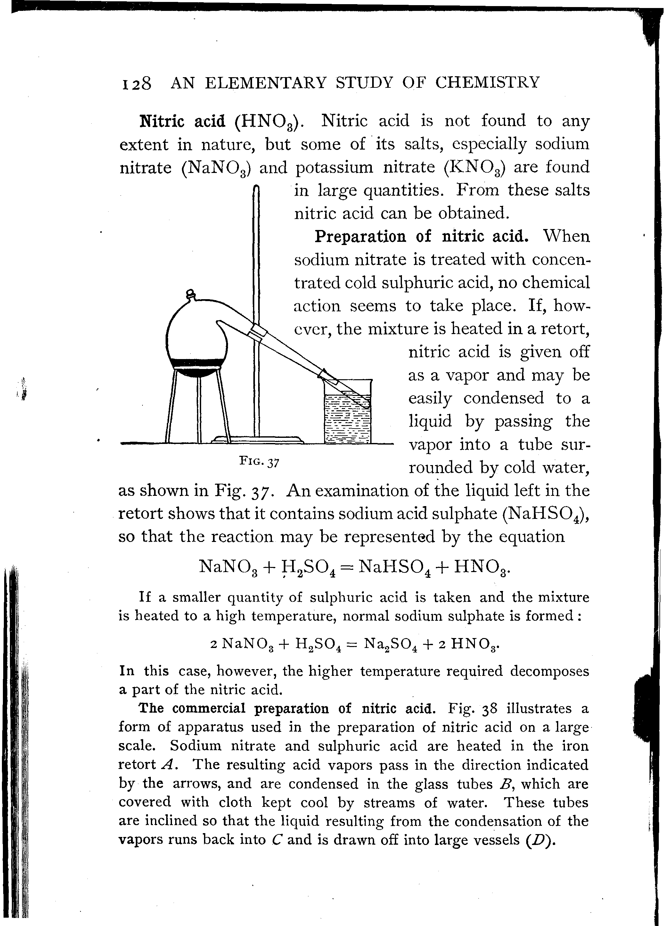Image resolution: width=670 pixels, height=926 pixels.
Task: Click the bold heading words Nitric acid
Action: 182,121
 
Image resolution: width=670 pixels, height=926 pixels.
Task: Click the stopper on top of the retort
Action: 191,294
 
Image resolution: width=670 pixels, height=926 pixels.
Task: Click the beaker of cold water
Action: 347,412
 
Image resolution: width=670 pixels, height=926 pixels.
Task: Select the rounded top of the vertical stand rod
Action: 257,188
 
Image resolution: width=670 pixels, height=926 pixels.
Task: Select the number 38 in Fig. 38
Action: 488,709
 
